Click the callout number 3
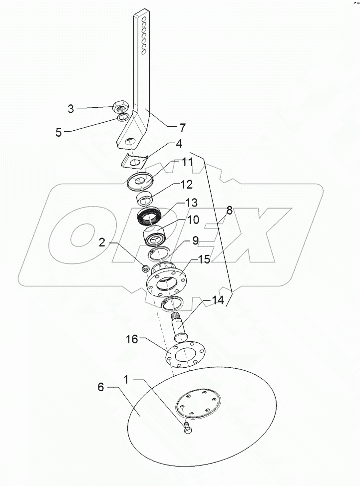coord(71,108)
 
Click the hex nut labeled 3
coord(122,105)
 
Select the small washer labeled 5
coord(123,118)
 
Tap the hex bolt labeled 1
coord(188,429)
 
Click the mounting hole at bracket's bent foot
coord(130,141)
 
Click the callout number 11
coord(173,162)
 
